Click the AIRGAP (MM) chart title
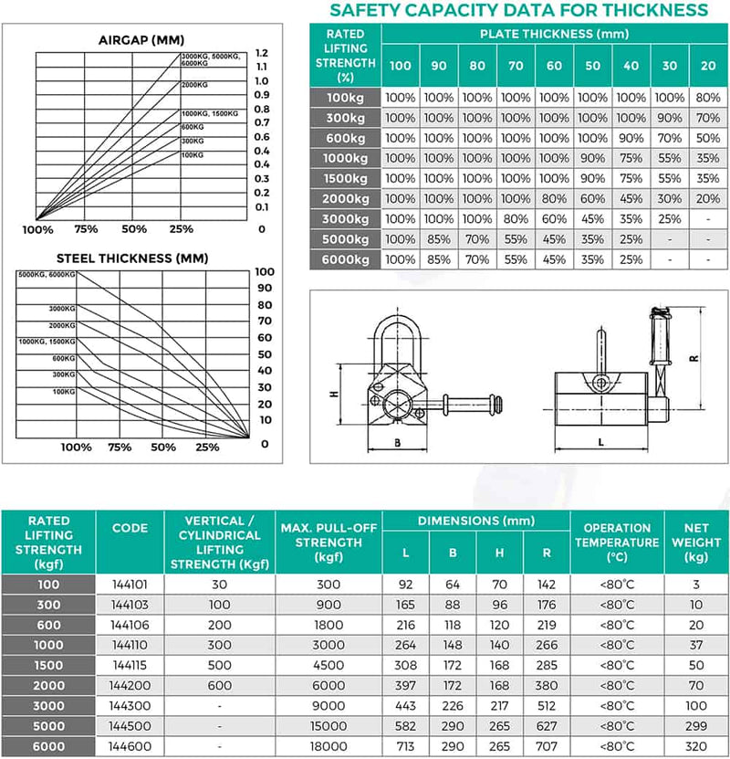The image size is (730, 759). click(138, 39)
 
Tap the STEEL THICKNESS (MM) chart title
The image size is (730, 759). click(138, 258)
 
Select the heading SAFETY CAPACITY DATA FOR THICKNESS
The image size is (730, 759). click(518, 10)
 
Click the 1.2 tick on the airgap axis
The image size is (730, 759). click(262, 53)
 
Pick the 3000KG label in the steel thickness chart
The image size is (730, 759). click(62, 309)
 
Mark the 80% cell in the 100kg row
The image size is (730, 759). click(707, 97)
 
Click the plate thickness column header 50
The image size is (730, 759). click(593, 65)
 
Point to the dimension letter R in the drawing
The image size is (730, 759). click(693, 358)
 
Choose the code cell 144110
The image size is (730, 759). click(130, 645)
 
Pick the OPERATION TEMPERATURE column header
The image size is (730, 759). click(617, 542)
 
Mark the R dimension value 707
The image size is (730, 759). click(546, 746)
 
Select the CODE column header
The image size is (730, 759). click(130, 528)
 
